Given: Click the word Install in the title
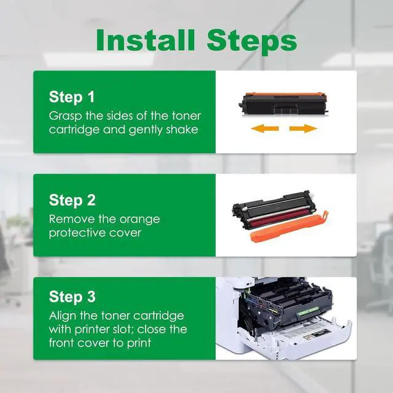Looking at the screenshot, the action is click(146, 40).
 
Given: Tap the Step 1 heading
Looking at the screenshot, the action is click(72, 97).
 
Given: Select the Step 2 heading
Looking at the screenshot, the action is click(72, 201).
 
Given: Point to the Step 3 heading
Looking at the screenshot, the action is click(72, 297).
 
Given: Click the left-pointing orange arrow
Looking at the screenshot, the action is click(265, 128).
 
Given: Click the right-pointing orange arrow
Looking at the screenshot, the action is click(303, 128).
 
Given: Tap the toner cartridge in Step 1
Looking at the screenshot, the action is click(283, 103).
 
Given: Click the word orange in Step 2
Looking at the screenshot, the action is click(139, 220).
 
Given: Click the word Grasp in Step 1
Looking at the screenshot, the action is click(66, 116).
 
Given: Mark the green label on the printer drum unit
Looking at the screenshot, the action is click(307, 311).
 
